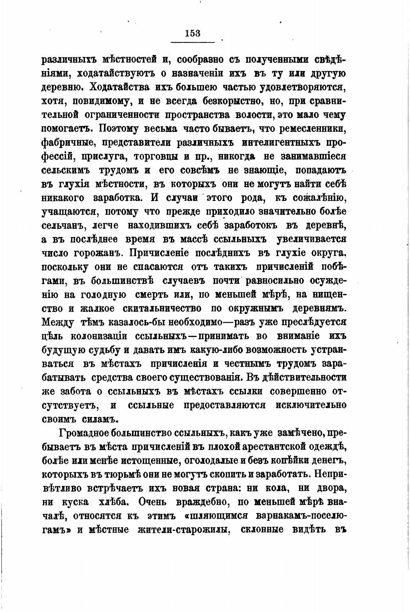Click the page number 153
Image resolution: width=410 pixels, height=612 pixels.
(193, 33)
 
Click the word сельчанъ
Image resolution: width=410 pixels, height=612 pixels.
(64, 225)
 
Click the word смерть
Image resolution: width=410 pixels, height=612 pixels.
(156, 295)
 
